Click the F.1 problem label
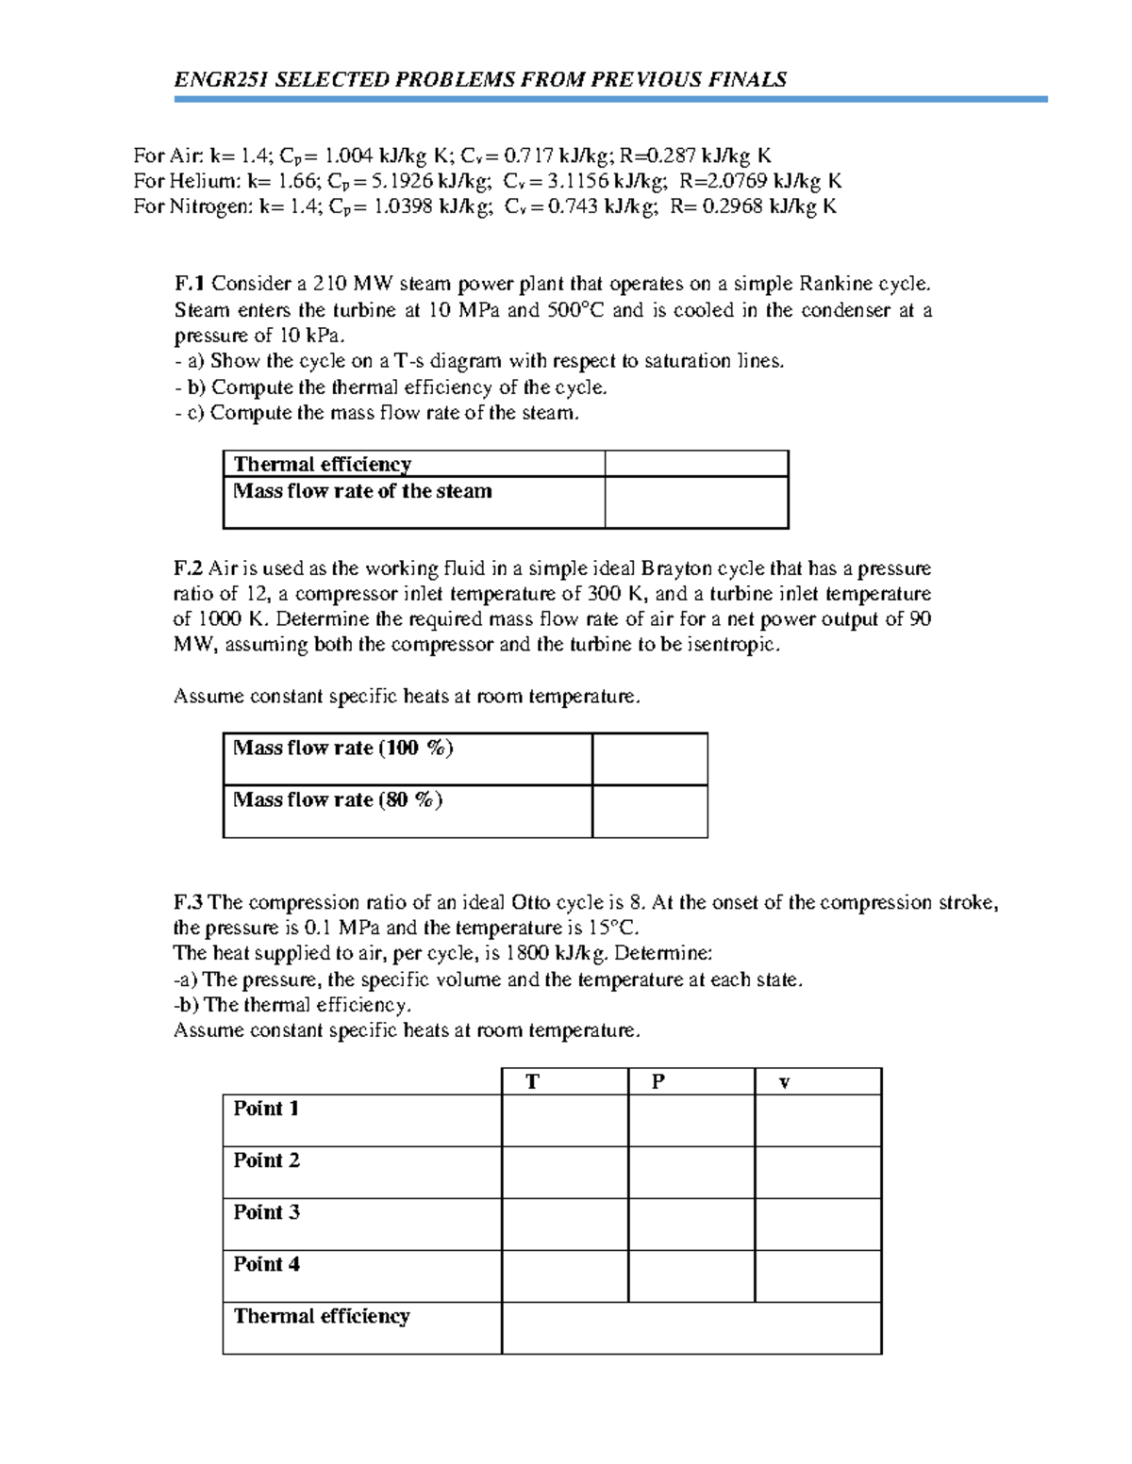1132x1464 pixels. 190,284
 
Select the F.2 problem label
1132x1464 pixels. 188,568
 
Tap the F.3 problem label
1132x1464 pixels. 189,902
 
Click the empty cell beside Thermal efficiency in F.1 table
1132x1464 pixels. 696,464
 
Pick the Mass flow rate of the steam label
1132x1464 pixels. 362,491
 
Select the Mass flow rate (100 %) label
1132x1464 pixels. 342,748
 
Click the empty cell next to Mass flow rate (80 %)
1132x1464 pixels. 649,811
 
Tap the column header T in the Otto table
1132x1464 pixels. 532,1082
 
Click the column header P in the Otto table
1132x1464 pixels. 658,1082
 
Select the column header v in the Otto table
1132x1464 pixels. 784,1082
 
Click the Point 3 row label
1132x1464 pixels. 266,1212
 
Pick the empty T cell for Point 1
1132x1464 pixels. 564,1120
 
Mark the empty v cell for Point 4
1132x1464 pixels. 818,1276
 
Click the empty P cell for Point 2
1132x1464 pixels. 691,1172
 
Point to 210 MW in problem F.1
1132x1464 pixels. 347,284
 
